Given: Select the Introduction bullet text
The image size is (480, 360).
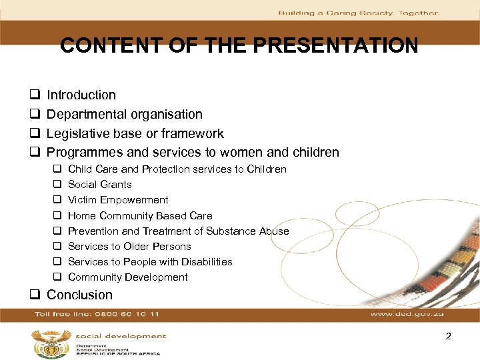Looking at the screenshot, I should pos(81,95).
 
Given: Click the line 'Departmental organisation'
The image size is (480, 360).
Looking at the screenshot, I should pos(125,115).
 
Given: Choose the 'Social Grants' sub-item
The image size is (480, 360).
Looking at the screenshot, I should pos(100,185).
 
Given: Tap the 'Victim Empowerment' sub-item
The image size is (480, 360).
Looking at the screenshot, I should pos(118,200).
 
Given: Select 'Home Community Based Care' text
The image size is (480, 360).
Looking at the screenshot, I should pos(140,215).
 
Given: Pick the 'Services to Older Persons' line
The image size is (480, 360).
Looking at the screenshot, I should pos(129,247).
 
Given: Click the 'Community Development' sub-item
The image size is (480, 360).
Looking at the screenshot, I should pos(128,277).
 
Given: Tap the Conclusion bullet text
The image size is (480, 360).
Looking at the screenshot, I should pos(79,295).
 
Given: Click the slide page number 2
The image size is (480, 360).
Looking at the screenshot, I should pos(449,336).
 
